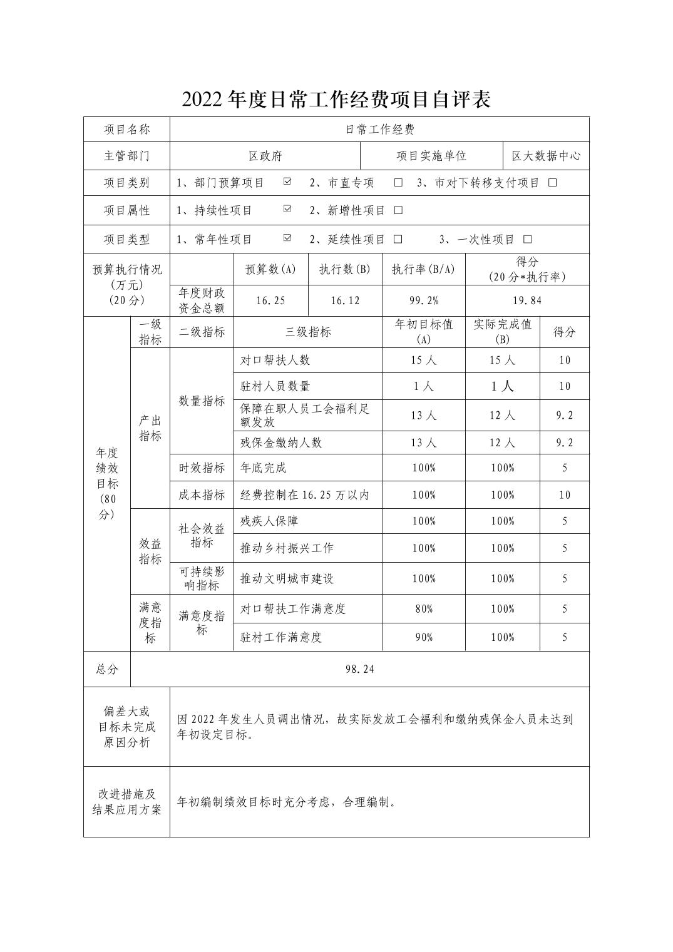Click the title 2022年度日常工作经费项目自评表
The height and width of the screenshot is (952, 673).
pos(336,99)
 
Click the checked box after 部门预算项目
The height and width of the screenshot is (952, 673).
pos(287,182)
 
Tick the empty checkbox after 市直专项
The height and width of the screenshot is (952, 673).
pos(398,183)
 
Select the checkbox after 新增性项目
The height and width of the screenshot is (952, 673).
pos(398,210)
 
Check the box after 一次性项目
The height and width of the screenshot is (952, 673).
pos(527,239)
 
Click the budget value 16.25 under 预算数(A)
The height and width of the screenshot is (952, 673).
pos(270,300)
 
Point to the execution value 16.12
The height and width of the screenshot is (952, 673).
pos(345,300)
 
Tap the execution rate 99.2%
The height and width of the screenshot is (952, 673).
pos(424,300)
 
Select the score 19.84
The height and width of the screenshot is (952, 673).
pos(527,300)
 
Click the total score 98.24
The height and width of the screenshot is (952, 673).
pos(359,669)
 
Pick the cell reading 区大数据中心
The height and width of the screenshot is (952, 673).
pos(546,156)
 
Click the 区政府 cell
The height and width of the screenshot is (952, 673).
pos(265,156)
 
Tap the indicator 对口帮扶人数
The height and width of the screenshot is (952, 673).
pos(275,361)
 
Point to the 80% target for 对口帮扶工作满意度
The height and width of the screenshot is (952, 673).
pos(424,608)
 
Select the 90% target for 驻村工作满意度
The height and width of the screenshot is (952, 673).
pos(424,637)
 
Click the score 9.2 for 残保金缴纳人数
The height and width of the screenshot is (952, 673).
pos(564,443)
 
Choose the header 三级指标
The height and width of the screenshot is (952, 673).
pos(308,332)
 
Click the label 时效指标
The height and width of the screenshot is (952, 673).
pos(202,468)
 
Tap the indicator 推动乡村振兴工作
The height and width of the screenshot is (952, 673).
pos(287,548)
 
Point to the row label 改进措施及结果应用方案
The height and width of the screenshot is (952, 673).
pos(126,802)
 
